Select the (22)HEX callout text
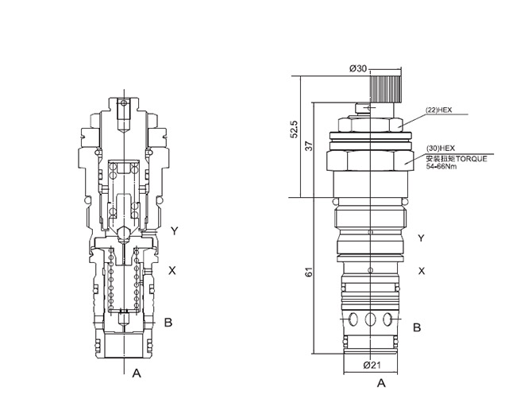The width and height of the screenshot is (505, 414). click(438, 110)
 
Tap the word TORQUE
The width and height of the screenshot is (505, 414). click(464, 159)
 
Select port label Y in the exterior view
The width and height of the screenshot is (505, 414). click(421, 238)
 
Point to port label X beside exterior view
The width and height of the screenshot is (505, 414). click(421, 271)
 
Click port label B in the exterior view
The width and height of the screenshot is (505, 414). click(417, 327)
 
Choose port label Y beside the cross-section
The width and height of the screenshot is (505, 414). click(173, 231)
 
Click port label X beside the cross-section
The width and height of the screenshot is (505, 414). click(172, 270)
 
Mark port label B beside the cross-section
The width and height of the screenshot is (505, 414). click(168, 322)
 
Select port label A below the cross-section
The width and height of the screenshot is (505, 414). click(137, 372)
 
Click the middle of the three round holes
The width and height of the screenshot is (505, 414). click(371, 320)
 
